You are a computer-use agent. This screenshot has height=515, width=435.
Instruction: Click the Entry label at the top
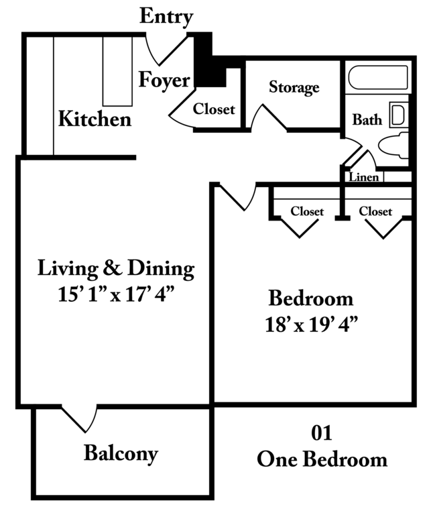coord(166,16)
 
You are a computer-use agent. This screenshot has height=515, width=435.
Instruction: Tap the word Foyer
coord(164,80)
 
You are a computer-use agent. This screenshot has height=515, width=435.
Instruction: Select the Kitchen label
coord(95,119)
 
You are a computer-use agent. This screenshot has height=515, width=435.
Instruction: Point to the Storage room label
coord(294,87)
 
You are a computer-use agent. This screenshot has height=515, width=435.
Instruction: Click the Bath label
coord(367,120)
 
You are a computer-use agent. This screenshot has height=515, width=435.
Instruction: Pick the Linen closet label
coord(364,177)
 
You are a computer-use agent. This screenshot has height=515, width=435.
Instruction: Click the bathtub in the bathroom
coord(378,78)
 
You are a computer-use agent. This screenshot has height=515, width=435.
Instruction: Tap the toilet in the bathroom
coord(393,146)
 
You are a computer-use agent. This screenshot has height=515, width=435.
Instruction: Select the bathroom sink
coord(399,115)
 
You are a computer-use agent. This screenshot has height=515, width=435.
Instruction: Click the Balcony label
coord(121,453)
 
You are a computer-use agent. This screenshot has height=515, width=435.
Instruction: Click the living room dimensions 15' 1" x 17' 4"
coord(115,294)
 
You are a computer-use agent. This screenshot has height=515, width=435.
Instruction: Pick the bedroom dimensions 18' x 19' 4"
coord(311,325)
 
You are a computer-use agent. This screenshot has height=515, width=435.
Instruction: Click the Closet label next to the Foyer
coord(214,109)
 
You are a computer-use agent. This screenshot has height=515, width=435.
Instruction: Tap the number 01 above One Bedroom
coord(322,433)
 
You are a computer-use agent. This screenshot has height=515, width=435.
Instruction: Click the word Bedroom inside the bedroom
coord(311,298)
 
